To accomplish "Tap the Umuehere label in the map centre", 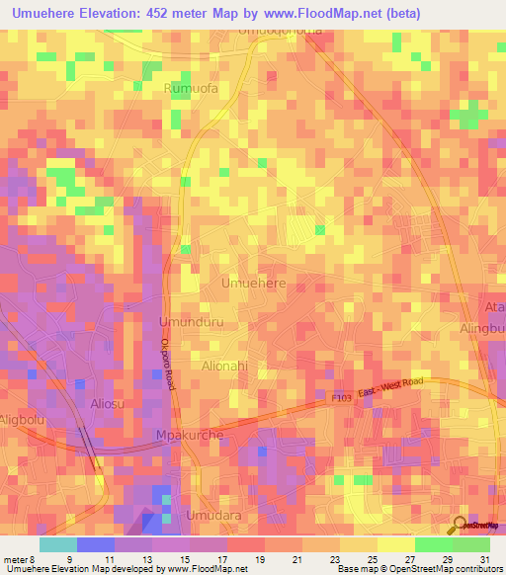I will pos(254,284).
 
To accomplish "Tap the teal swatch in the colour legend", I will pos(57,544).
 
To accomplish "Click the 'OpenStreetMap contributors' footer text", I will pos(446,569).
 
